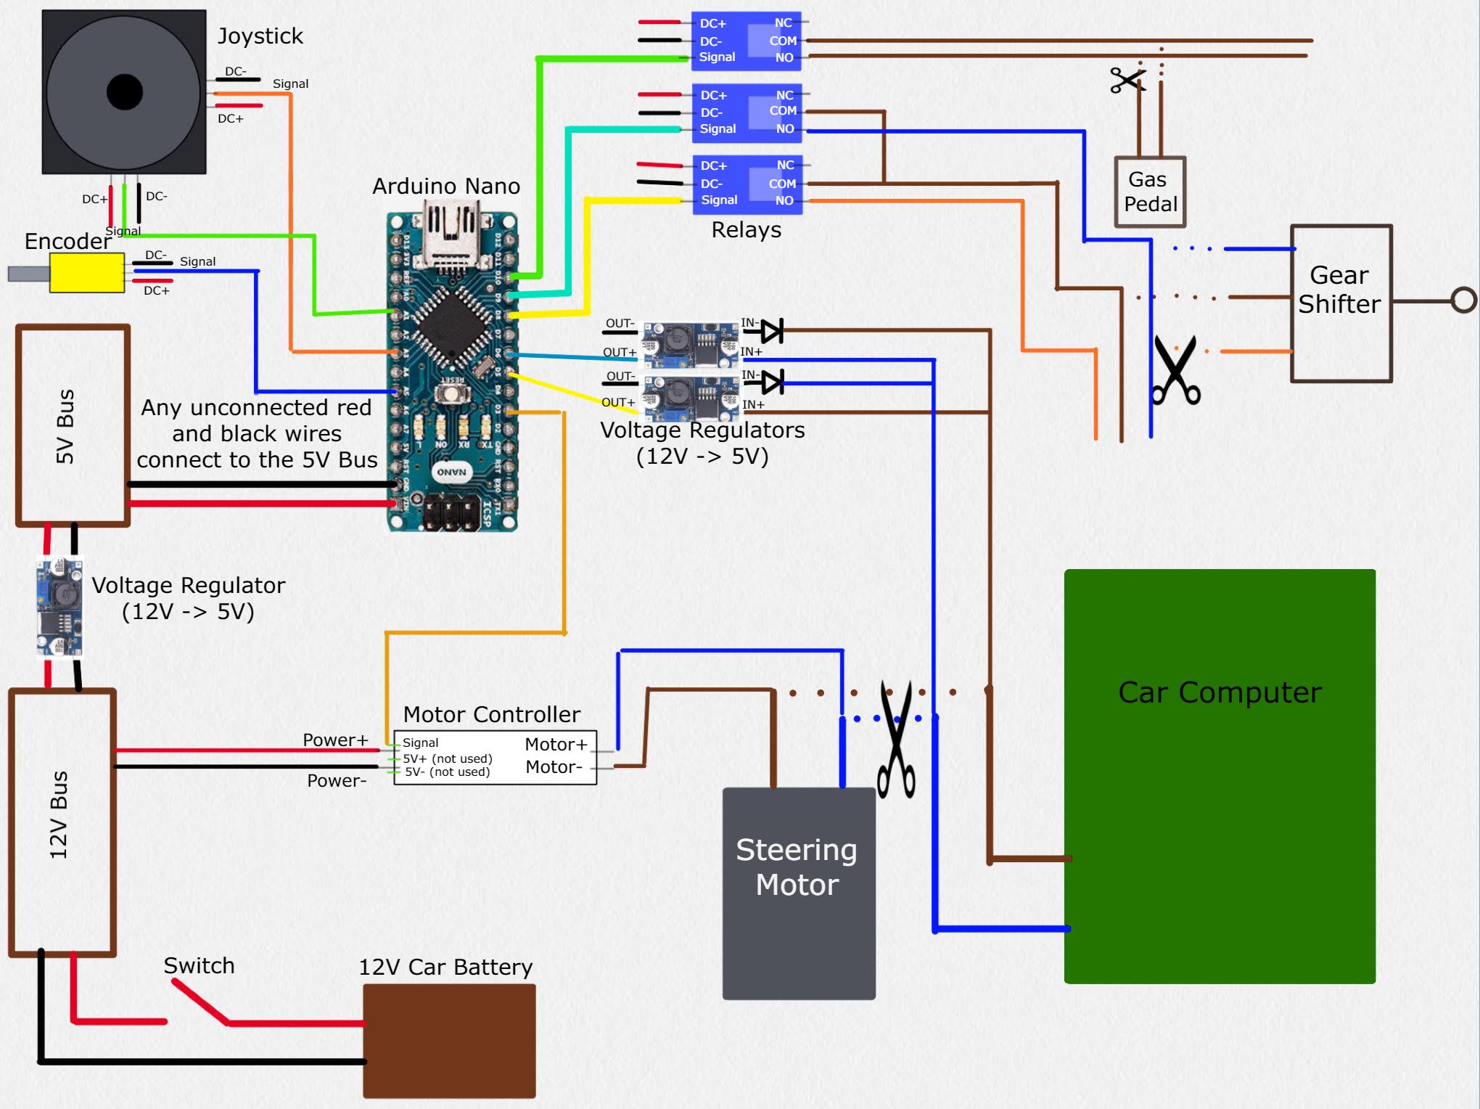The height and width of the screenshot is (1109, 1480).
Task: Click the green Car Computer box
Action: coord(1219,777)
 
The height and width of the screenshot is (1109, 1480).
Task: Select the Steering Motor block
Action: coord(798,893)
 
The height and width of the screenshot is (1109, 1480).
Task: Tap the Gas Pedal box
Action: coord(1150,192)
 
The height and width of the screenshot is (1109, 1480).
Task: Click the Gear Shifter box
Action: coord(1341,303)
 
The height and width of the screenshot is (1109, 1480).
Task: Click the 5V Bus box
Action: coord(73,425)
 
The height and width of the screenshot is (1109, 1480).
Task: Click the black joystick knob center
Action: coord(124,92)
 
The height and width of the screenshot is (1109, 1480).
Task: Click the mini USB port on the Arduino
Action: coord(451,232)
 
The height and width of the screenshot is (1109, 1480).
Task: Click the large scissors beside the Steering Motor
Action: coord(897,740)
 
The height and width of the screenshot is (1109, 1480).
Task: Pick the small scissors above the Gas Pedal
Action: coord(1127,79)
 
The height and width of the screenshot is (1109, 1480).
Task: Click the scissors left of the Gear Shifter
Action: coord(1175,370)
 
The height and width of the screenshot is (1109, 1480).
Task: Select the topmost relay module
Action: coord(746,41)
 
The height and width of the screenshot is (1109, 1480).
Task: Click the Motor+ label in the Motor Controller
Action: coord(556,745)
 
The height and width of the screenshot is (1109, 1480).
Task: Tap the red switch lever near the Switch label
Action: coord(200,1002)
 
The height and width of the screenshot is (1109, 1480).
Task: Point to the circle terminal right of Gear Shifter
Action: coord(1463,300)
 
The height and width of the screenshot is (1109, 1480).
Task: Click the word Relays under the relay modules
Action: coord(746,230)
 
